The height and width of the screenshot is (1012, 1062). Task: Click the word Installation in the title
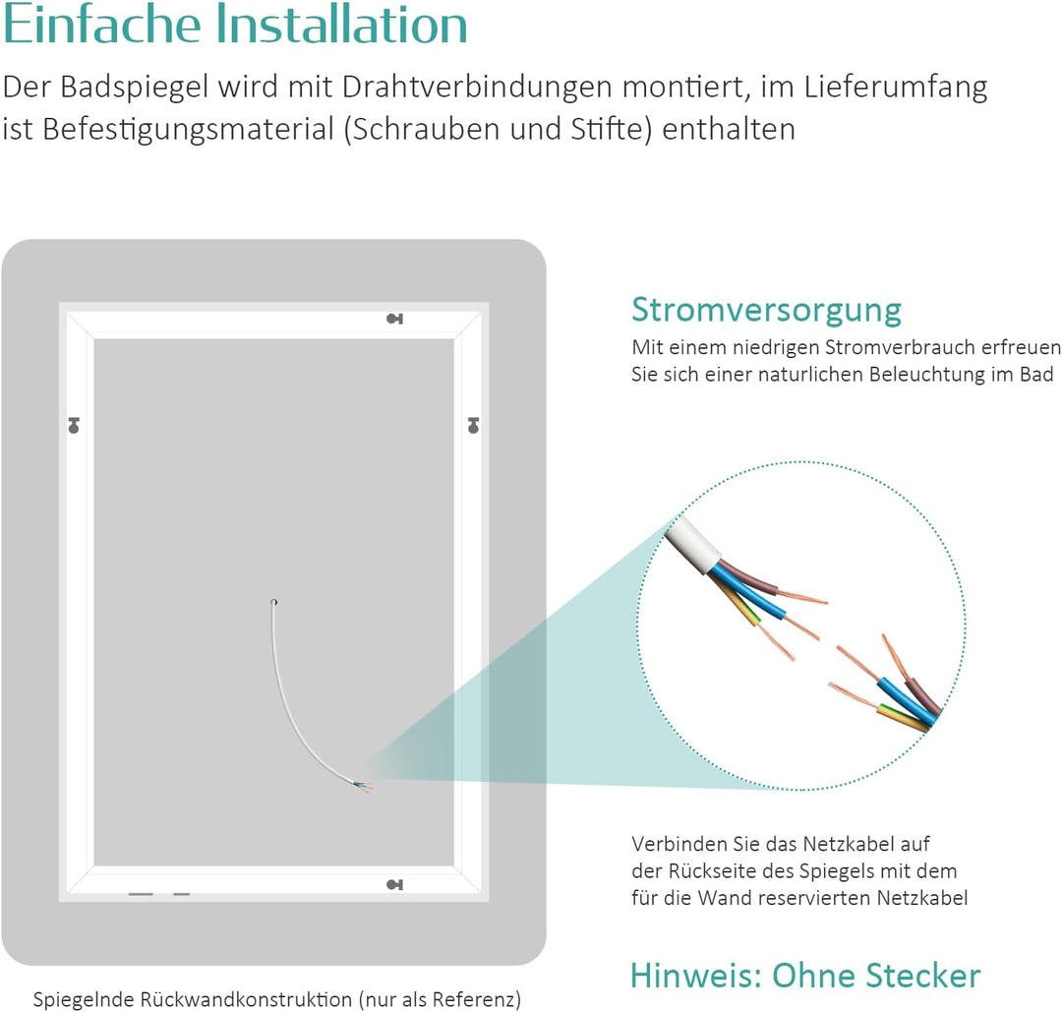click(x=342, y=24)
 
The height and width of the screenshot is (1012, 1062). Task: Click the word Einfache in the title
click(x=101, y=24)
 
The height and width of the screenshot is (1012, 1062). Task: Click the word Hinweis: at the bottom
click(x=696, y=976)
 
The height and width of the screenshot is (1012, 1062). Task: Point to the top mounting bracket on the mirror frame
click(x=395, y=319)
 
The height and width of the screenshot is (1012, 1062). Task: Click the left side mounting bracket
click(x=74, y=426)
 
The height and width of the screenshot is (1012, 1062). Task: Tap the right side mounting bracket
click(x=473, y=426)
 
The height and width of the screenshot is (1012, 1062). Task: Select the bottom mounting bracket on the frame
click(x=395, y=885)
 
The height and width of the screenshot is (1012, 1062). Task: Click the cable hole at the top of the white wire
click(x=273, y=602)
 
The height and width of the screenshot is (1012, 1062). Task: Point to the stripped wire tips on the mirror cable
click(x=364, y=787)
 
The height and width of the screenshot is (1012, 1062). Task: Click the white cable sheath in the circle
click(x=691, y=545)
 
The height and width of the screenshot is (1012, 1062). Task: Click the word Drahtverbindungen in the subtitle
click(x=477, y=88)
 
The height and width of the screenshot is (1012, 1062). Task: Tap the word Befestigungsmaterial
click(x=188, y=130)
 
